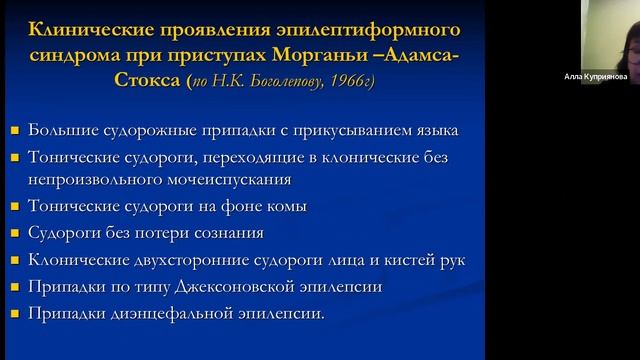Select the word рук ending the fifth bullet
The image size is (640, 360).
[452, 260]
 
